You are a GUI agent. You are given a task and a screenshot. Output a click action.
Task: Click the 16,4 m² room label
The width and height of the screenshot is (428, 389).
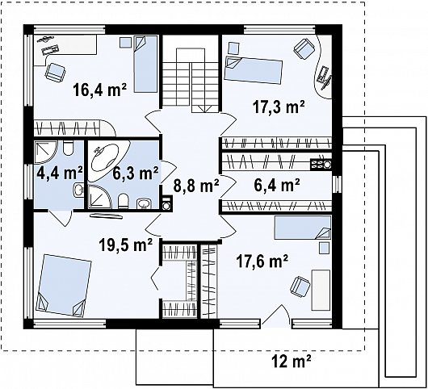99,90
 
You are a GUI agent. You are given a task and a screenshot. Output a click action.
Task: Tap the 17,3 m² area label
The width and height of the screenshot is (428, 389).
279,107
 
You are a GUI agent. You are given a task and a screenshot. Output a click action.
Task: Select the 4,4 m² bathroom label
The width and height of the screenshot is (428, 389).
60,173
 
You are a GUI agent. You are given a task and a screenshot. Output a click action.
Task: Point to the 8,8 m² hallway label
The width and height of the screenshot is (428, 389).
196,186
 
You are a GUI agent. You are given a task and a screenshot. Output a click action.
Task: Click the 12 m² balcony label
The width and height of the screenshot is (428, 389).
292,362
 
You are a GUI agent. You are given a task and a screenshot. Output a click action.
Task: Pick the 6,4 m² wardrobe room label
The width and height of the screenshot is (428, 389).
277,186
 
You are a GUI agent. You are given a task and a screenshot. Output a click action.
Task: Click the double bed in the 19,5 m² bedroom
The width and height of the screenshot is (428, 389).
64,286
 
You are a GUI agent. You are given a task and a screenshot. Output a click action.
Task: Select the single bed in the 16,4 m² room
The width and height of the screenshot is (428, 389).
145,64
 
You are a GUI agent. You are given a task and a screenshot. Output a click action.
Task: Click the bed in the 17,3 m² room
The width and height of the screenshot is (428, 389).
253,70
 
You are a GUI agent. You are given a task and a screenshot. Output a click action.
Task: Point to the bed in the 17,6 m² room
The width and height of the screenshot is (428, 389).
303,228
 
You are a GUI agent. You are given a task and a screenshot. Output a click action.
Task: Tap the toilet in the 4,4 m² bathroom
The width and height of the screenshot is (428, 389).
68,148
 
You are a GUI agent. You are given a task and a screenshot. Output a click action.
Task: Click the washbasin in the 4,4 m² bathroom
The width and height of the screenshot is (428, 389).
78,190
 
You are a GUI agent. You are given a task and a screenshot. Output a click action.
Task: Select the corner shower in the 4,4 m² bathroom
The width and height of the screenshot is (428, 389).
45,152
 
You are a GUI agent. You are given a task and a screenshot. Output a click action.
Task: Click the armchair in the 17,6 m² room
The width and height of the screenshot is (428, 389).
300,286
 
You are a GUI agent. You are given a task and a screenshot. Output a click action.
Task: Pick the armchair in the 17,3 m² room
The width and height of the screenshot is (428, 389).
304,49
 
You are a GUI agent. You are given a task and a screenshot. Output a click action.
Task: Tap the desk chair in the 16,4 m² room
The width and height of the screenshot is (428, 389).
56,73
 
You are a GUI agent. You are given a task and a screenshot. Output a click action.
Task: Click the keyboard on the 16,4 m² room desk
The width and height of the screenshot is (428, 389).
50,50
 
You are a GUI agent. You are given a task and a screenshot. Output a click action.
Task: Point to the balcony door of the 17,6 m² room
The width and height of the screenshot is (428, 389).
276,316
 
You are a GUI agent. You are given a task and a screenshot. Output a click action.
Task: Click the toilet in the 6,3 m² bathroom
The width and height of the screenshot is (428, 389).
124,201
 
